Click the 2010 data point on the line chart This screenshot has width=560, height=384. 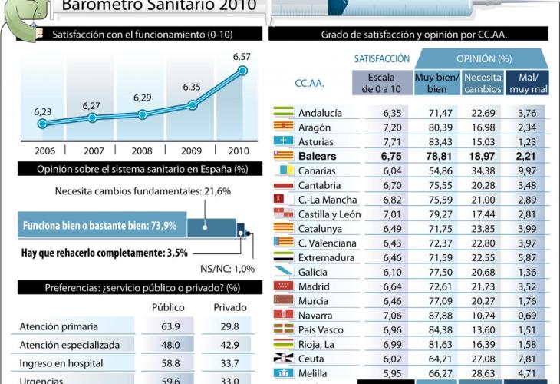click(x=243, y=71)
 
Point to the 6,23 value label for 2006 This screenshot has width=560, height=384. click(x=43, y=111)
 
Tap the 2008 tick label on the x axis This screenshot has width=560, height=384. click(x=143, y=151)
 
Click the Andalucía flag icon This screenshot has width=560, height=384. click(x=284, y=113)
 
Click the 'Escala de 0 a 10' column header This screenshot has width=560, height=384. click(x=381, y=83)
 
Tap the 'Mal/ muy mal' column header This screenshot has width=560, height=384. click(x=526, y=83)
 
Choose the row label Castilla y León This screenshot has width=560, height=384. click(x=329, y=214)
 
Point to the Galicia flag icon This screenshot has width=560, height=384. click(x=284, y=272)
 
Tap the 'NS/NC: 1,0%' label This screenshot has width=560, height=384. click(x=228, y=269)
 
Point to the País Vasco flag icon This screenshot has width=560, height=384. click(x=284, y=330)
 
